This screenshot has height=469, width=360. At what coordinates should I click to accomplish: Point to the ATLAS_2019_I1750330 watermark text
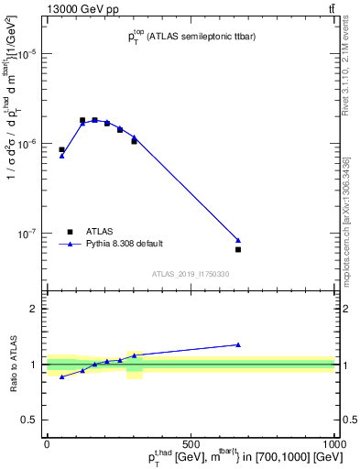click(x=191, y=274)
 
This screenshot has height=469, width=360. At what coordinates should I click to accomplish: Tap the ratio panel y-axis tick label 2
click(x=37, y=309)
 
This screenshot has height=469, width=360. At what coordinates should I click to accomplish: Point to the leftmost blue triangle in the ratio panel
click(x=61, y=376)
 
